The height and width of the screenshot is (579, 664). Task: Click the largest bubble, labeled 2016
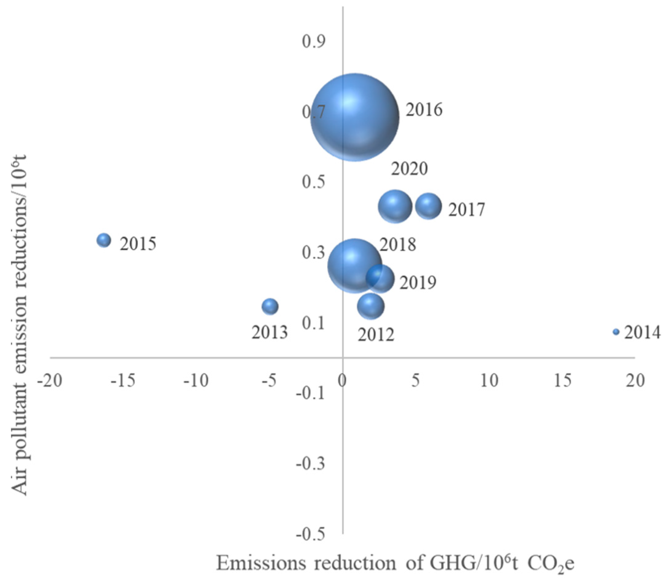355,117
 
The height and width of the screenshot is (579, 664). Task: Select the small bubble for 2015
104,240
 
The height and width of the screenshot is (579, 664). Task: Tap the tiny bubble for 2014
616,332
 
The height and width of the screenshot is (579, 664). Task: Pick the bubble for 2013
270,306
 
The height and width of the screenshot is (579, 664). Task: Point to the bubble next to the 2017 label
428,206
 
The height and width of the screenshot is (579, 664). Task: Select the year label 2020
409,169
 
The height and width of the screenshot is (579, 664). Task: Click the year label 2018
397,244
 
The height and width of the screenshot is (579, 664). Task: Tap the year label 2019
418,282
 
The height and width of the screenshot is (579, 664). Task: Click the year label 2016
424,110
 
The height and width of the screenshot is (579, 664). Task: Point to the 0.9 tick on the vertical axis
314,42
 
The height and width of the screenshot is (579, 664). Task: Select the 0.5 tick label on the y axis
314,182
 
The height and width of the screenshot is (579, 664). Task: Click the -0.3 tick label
310,464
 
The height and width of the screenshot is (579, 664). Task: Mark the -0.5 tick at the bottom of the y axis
310,535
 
